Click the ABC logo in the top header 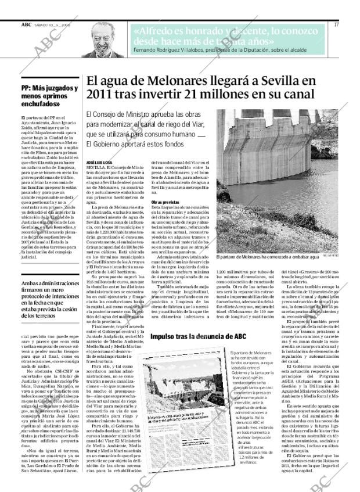pos(26,25)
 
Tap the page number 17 pos(336,25)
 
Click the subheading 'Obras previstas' pos(165,202)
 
